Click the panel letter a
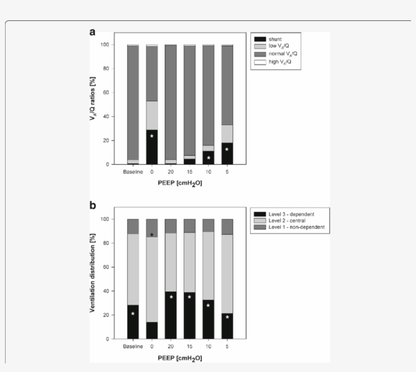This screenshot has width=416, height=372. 93,32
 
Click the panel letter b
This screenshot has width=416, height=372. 93,207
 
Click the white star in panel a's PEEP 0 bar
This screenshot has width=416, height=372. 152,137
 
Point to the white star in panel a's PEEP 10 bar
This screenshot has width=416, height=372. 209,158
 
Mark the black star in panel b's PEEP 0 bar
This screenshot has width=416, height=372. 152,235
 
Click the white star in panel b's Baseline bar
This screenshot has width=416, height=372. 133,314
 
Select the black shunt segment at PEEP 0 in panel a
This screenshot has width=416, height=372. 152,147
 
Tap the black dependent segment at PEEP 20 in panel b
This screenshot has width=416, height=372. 170,315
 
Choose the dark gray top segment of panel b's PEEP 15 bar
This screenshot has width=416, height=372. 189,226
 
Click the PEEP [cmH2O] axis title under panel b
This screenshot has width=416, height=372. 180,358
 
